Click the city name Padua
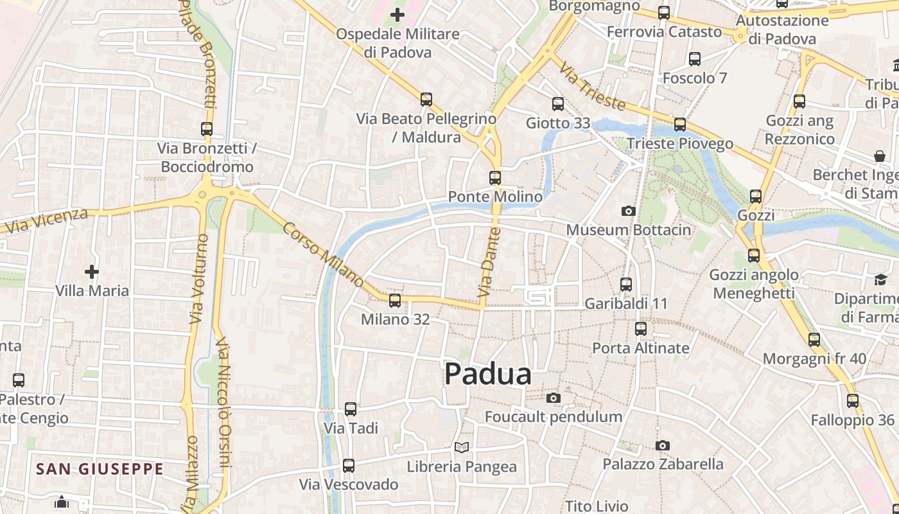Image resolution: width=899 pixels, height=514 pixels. pyautogui.click(x=488, y=374)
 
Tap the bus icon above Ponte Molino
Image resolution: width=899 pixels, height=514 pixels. pyautogui.click(x=495, y=178)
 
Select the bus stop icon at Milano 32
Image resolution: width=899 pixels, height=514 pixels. pyautogui.click(x=395, y=300)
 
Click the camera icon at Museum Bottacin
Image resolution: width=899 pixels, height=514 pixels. pyautogui.click(x=629, y=211)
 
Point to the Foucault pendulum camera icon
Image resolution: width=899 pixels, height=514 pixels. pyautogui.click(x=554, y=398)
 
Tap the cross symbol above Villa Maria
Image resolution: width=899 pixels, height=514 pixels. pyautogui.click(x=92, y=272)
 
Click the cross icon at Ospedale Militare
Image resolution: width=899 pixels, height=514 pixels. pyautogui.click(x=397, y=14)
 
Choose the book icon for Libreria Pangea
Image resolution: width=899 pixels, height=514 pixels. pyautogui.click(x=462, y=447)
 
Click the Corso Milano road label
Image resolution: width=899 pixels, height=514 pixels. pyautogui.click(x=323, y=255)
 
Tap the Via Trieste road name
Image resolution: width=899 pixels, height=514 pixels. pyautogui.click(x=591, y=86)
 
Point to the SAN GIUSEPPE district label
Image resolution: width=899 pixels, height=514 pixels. pyautogui.click(x=100, y=469)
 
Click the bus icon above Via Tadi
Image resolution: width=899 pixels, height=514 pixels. pyautogui.click(x=351, y=409)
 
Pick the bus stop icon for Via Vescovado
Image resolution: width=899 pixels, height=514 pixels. pyautogui.click(x=349, y=465)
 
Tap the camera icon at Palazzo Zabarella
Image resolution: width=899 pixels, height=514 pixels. pyautogui.click(x=663, y=445)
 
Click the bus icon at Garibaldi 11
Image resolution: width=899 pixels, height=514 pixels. pyautogui.click(x=626, y=284)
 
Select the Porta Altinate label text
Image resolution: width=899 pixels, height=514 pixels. pyautogui.click(x=641, y=348)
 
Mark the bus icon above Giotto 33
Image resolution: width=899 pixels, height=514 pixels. pyautogui.click(x=558, y=103)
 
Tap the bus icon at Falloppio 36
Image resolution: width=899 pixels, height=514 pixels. pyautogui.click(x=853, y=401)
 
